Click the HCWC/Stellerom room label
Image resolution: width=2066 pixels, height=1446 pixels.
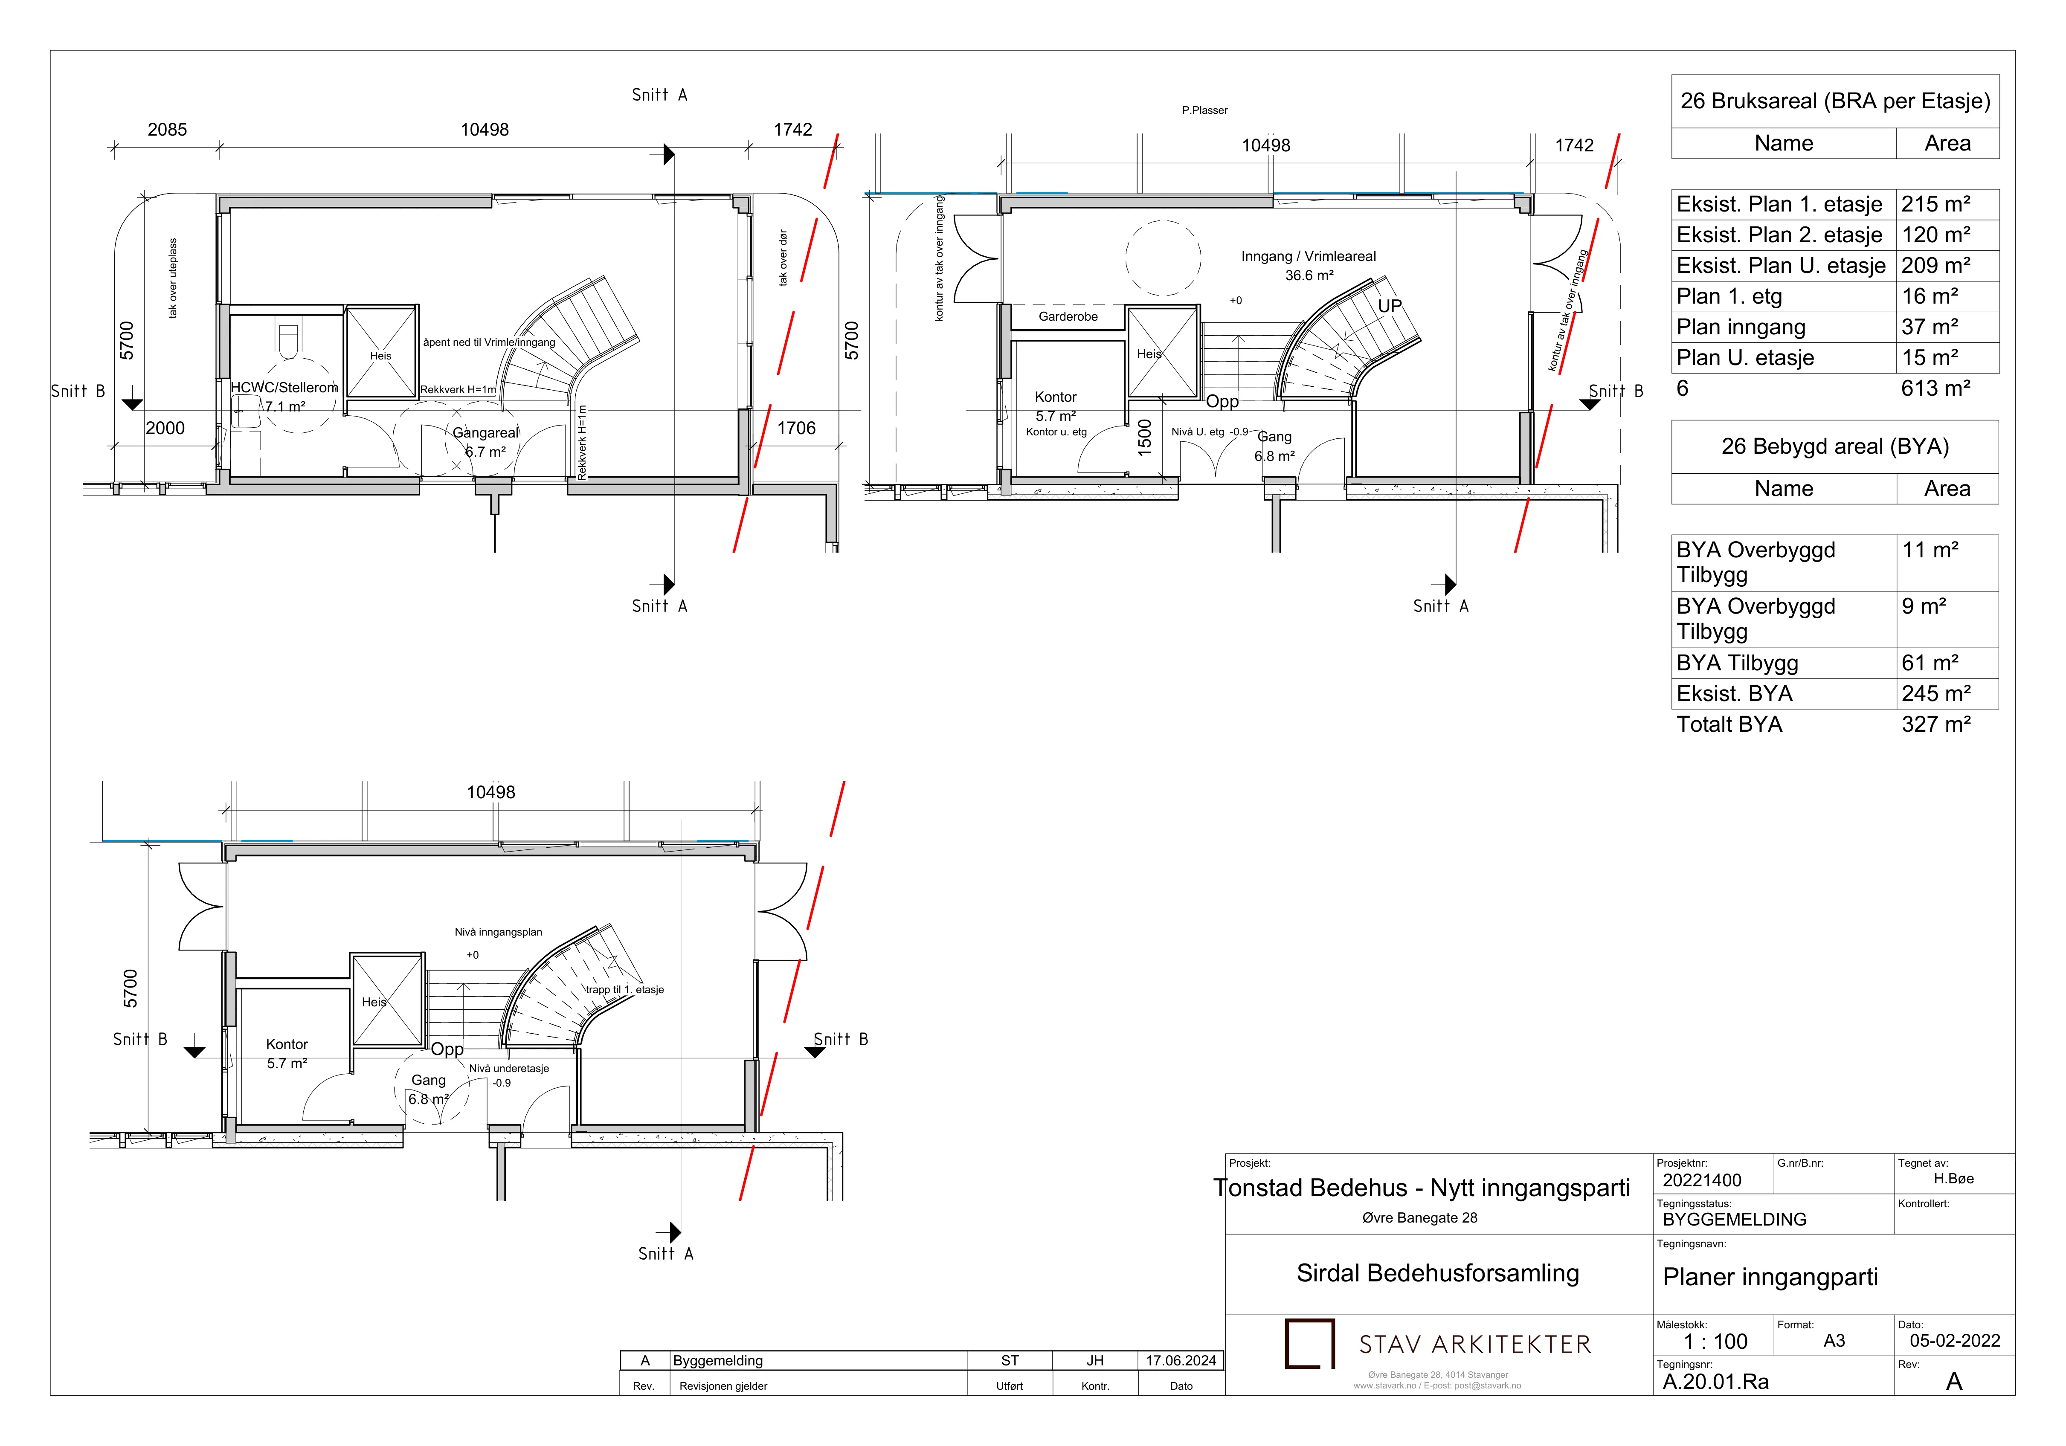coord(284,388)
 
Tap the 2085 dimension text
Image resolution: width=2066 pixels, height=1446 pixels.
coord(167,130)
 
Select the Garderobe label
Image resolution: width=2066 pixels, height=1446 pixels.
coord(1068,317)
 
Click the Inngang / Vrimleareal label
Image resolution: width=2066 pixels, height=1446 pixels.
coord(1309,256)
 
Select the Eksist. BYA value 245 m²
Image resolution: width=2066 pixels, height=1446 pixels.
coord(1935,694)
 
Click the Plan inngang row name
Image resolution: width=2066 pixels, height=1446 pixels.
coord(1741,327)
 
